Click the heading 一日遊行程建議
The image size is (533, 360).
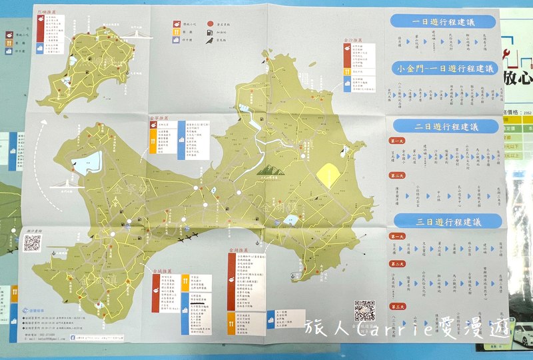(443, 21)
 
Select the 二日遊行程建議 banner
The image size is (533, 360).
(445, 126)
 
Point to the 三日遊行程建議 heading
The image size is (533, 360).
(445, 221)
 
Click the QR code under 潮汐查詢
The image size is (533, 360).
(33, 243)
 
